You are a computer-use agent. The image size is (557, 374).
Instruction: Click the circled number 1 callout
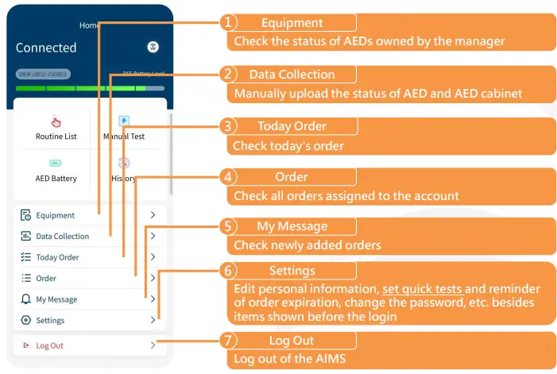click(x=229, y=23)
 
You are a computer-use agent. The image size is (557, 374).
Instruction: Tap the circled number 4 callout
click(x=229, y=177)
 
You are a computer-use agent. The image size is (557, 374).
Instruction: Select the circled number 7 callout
click(x=229, y=341)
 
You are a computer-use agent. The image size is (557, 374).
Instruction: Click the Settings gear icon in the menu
click(x=25, y=321)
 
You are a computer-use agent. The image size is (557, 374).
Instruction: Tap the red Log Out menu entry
click(x=49, y=345)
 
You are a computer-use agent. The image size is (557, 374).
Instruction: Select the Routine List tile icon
click(x=56, y=121)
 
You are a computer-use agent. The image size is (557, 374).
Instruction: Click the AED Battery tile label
click(x=56, y=179)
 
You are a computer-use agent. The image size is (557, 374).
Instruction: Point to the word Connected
click(x=46, y=48)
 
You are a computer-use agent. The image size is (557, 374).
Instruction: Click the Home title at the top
click(x=89, y=25)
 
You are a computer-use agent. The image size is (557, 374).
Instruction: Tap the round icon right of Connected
click(x=153, y=48)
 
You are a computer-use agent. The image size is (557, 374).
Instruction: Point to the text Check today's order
click(x=288, y=146)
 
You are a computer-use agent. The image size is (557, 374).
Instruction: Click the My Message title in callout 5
click(x=292, y=226)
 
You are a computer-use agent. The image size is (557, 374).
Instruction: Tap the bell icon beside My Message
click(x=25, y=299)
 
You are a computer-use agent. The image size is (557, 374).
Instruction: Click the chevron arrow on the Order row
click(x=152, y=278)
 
